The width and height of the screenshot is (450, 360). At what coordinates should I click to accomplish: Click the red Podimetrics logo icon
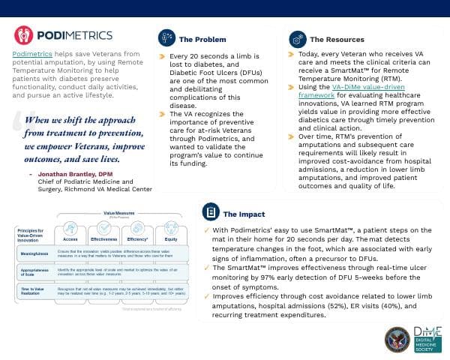click(x=25, y=36)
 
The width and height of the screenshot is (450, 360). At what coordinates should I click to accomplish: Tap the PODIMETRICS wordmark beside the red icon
click(x=73, y=36)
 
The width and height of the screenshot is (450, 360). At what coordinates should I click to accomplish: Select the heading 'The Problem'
click(x=199, y=39)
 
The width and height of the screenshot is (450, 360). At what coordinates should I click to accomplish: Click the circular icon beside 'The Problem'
click(x=166, y=38)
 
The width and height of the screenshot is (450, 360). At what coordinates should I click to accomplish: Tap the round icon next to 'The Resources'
click(x=297, y=39)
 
